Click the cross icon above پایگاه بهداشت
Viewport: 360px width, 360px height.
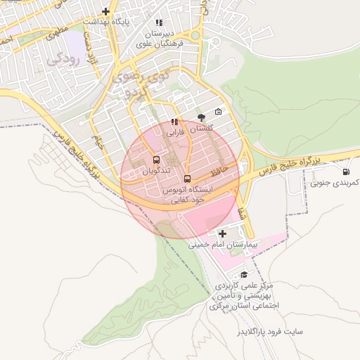click(x=105, y=11)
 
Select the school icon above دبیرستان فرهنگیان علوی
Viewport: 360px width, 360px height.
click(x=161, y=22)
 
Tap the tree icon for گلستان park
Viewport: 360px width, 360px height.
click(x=202, y=117)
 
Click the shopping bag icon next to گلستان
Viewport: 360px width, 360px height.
click(x=218, y=112)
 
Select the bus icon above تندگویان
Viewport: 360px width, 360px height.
click(x=155, y=160)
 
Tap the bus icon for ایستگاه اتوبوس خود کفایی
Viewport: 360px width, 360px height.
click(x=187, y=178)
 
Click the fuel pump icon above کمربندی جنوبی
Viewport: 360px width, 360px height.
click(x=345, y=172)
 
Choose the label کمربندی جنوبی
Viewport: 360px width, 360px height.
click(x=335, y=183)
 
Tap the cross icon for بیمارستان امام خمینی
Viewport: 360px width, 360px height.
click(x=223, y=233)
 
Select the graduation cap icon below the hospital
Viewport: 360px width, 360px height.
click(x=244, y=275)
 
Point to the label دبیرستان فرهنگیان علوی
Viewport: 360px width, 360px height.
click(x=161, y=38)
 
